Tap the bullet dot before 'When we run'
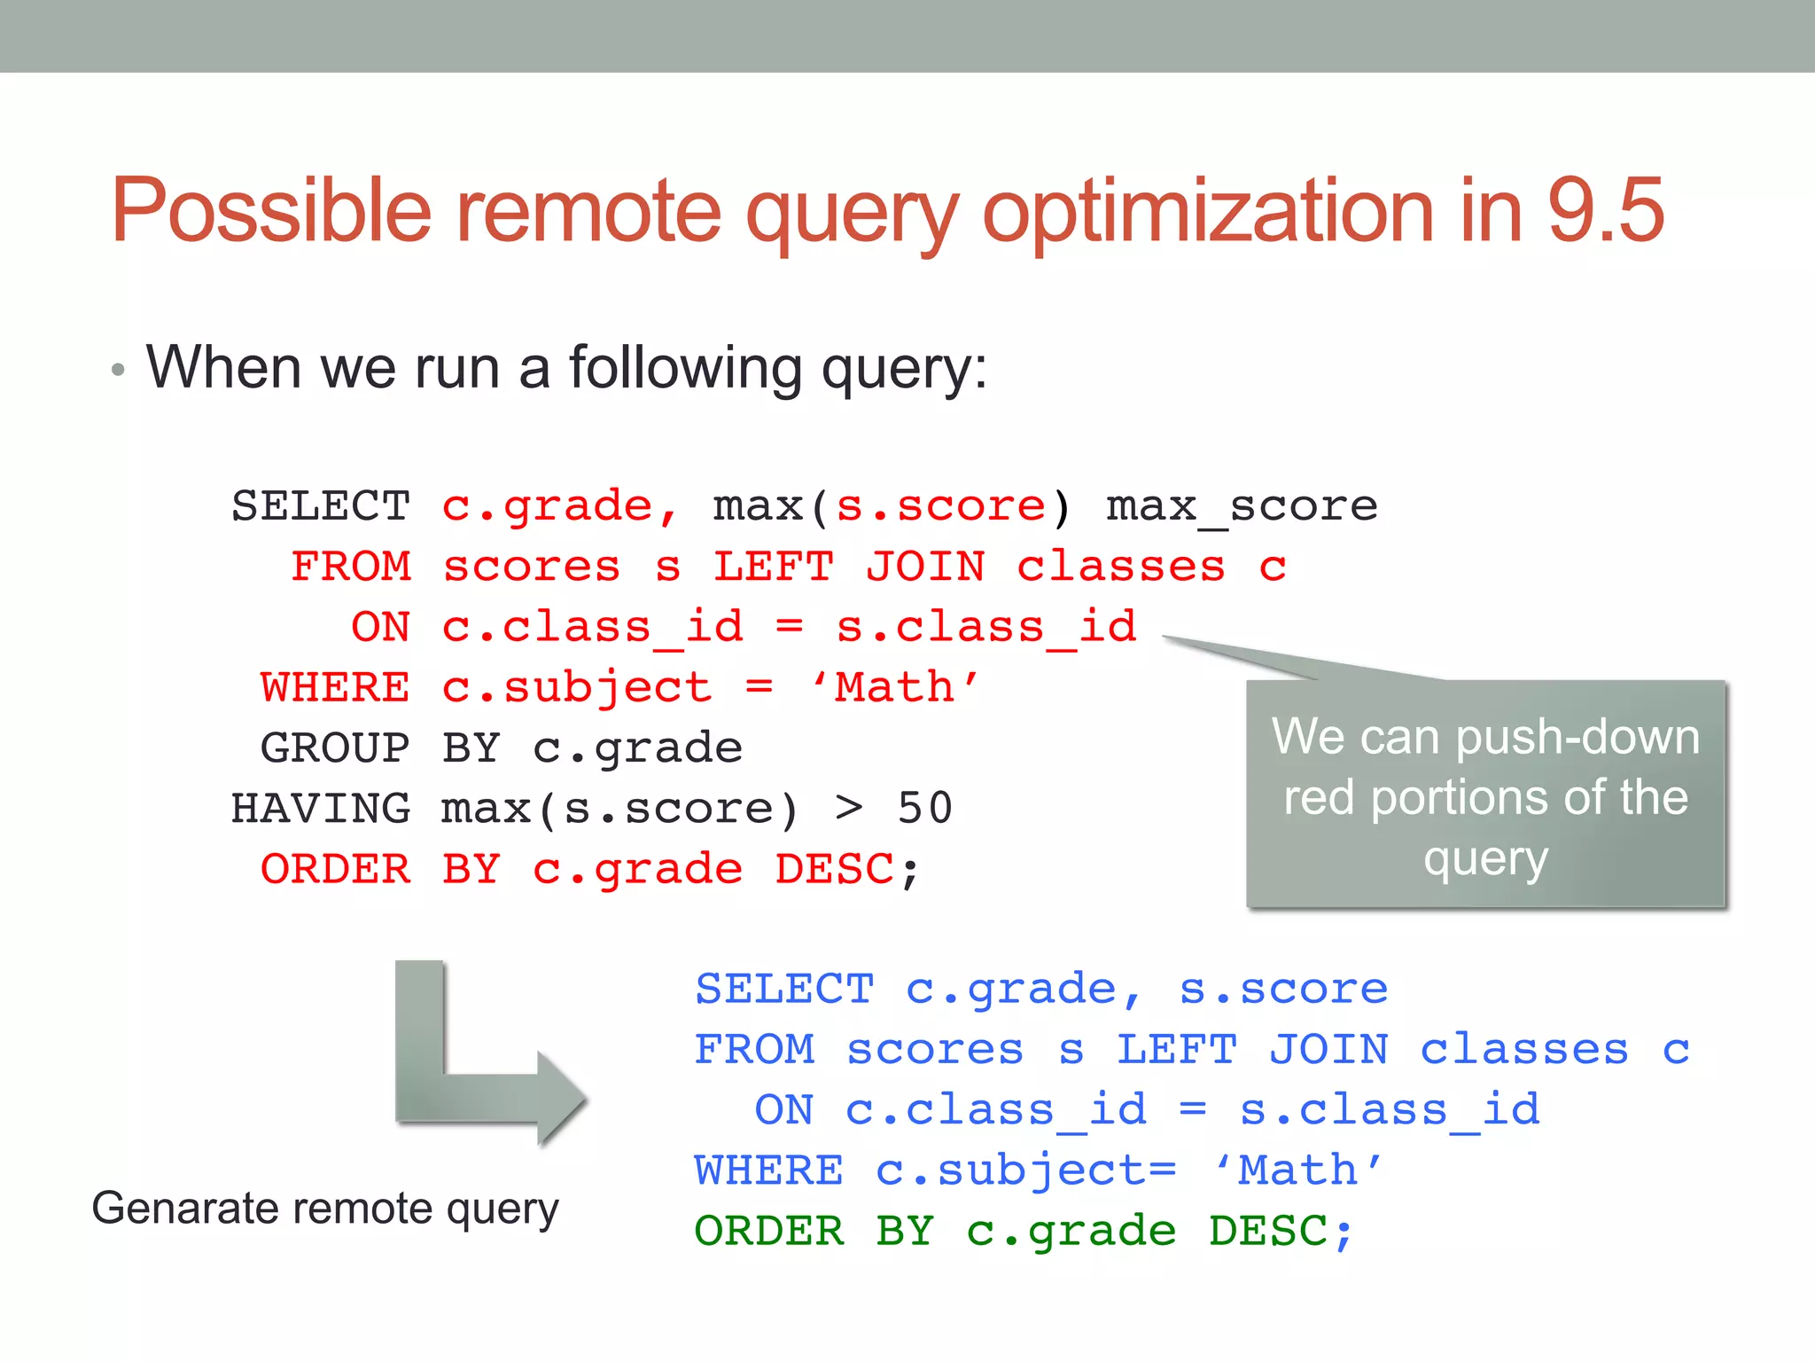pyautogui.click(x=118, y=371)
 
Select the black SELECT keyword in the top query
pyautogui.click(x=320, y=506)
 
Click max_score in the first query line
pyautogui.click(x=1241, y=507)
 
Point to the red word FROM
pyautogui.click(x=351, y=567)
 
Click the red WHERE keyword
pyautogui.click(x=335, y=688)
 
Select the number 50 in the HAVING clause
pyautogui.click(x=924, y=809)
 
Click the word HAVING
pyautogui.click(x=320, y=809)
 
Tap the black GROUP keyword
pyautogui.click(x=335, y=748)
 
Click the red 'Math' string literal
pyautogui.click(x=895, y=688)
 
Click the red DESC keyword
pyautogui.click(x=834, y=869)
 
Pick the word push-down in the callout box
pyautogui.click(x=1577, y=738)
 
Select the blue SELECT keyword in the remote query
pyautogui.click(x=784, y=990)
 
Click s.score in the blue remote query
pyautogui.click(x=1282, y=990)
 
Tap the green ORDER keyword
pyautogui.click(x=769, y=1232)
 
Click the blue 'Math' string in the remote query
pyautogui.click(x=1297, y=1170)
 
